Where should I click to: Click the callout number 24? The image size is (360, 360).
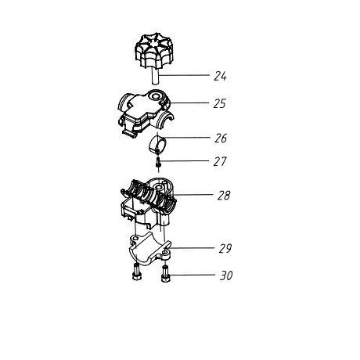(x=220, y=76)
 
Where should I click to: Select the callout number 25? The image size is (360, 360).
(x=220, y=103)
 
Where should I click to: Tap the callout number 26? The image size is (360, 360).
(x=221, y=138)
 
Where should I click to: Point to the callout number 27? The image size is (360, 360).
(x=220, y=161)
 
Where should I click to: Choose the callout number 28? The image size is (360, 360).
(x=224, y=196)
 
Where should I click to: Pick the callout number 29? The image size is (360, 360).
(x=225, y=248)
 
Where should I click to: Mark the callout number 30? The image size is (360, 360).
(x=226, y=275)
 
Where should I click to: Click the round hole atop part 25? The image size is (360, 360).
(x=156, y=97)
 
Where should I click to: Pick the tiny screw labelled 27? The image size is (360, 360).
(x=158, y=163)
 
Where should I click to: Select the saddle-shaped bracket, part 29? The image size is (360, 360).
(x=149, y=250)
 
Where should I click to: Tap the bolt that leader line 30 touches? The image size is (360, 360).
(x=165, y=274)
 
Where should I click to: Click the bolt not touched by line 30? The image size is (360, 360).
(x=136, y=272)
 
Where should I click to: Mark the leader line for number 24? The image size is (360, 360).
(x=184, y=75)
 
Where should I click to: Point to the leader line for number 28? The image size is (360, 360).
(x=193, y=194)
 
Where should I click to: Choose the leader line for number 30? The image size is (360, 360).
(x=193, y=275)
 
